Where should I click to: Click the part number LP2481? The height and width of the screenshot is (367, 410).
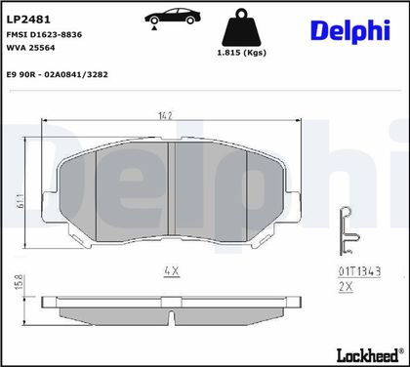[28, 20]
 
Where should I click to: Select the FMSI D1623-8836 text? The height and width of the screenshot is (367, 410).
[44, 34]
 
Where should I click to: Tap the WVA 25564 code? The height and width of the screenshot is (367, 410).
[31, 48]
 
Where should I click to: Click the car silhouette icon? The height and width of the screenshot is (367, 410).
[173, 18]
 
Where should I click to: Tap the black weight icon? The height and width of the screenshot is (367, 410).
[241, 27]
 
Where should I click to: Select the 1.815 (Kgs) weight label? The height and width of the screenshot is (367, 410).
[241, 53]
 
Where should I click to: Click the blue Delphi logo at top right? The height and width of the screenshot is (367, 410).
[350, 31]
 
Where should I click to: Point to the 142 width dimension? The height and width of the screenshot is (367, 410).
[165, 115]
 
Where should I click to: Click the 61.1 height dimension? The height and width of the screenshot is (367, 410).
[20, 201]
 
